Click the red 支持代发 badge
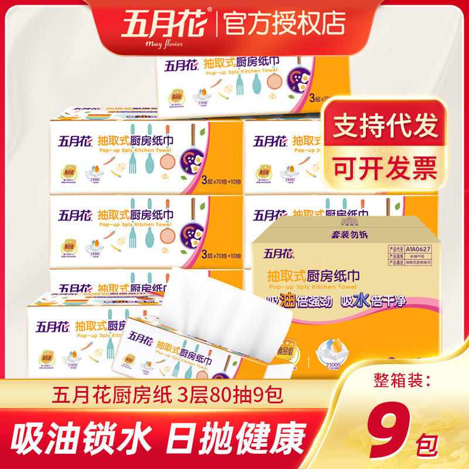point(386,127)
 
